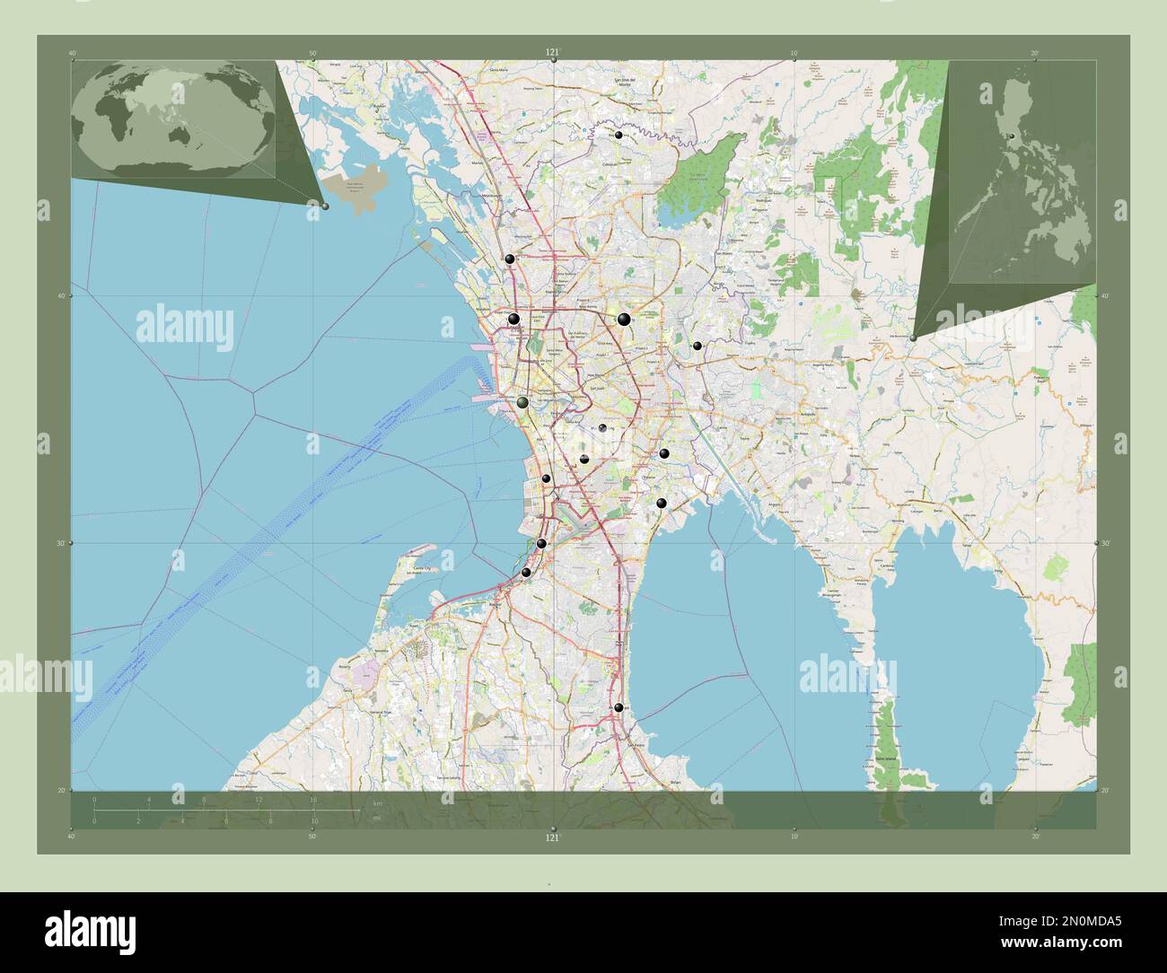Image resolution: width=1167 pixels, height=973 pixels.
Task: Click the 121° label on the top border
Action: (552, 53)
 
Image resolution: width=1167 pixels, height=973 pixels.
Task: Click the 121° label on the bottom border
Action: (552, 837)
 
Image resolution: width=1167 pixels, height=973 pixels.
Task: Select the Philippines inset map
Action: (1022, 172)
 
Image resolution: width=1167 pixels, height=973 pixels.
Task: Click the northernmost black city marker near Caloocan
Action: (619, 135)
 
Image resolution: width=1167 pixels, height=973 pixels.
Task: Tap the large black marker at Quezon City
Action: (623, 319)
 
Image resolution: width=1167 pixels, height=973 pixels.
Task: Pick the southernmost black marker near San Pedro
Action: (619, 707)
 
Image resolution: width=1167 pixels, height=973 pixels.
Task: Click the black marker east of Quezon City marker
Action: (697, 346)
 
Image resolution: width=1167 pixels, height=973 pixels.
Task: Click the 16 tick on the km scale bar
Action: (312, 799)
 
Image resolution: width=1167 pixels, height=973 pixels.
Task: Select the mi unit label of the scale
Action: (375, 819)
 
